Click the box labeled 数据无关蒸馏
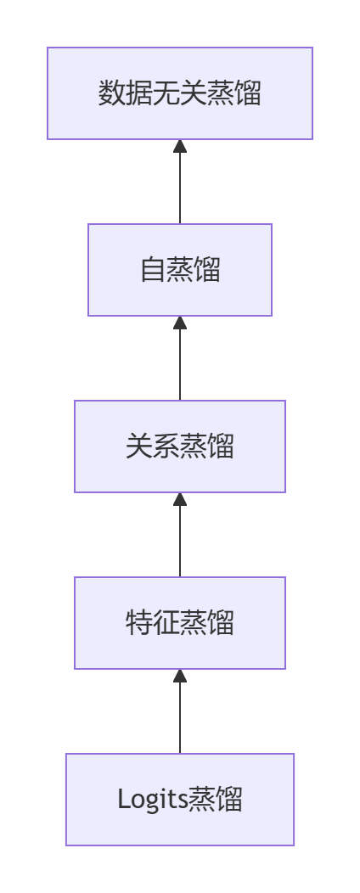pos(180,93)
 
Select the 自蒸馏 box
pos(180,270)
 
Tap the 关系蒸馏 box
pos(180,446)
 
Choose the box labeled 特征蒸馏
pos(180,623)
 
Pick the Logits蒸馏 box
pos(180,800)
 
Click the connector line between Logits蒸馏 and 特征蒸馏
pos(180,711)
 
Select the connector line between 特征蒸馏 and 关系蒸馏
pos(180,535)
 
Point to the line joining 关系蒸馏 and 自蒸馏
pos(180,358)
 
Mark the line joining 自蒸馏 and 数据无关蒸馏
pos(180,182)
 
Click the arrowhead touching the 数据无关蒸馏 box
pos(180,146)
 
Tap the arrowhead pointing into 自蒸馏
pos(180,323)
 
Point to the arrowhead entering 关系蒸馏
pos(180,499)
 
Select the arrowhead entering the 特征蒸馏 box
pos(180,676)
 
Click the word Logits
pos(153,800)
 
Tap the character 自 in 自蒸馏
pos(153,270)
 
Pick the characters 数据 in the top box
pos(126,93)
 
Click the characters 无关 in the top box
pos(180,93)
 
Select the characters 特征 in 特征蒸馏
pos(153,623)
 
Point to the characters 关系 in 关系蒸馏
pos(153,446)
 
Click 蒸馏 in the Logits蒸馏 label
pos(216,800)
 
